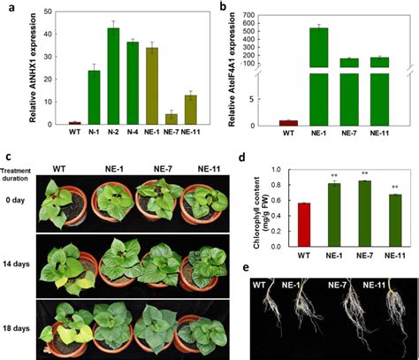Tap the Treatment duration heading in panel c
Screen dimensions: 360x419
click(21, 173)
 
